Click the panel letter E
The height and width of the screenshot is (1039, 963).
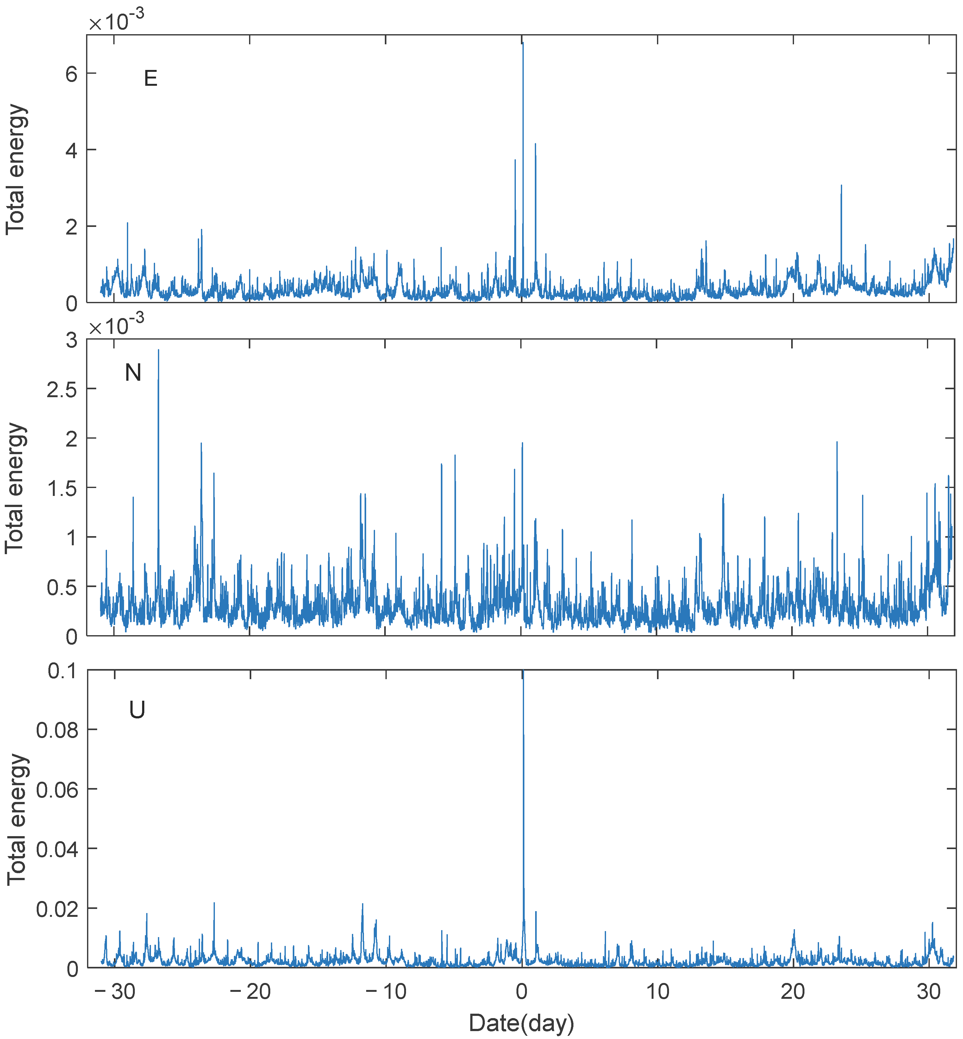point(151,79)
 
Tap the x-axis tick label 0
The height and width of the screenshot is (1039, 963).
point(522,992)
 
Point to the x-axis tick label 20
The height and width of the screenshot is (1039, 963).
point(793,992)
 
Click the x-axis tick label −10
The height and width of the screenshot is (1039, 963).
point(386,992)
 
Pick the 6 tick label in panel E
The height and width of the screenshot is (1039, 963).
point(72,74)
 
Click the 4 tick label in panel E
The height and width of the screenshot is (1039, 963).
point(72,151)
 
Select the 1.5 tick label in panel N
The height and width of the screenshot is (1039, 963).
point(62,489)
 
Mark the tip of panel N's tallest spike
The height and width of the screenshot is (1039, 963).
point(159,350)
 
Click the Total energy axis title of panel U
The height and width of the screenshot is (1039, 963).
point(17,819)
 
